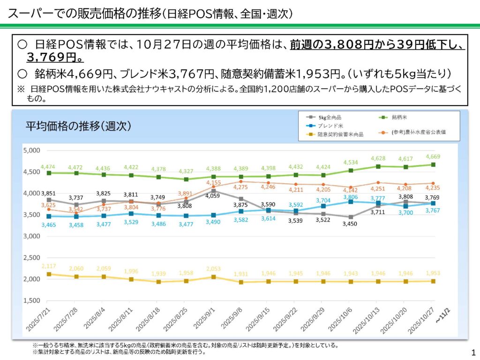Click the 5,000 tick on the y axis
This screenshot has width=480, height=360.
click(x=32, y=150)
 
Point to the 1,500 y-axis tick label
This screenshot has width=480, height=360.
click(x=32, y=300)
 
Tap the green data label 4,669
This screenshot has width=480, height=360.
click(x=433, y=157)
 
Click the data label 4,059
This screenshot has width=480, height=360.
click(x=214, y=196)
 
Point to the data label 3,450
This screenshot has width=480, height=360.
click(x=349, y=224)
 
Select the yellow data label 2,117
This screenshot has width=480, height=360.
click(x=49, y=266)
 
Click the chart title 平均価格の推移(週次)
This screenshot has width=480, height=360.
click(x=78, y=127)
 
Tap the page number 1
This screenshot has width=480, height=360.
click(x=472, y=352)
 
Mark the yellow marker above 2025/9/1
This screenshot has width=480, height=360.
click(x=213, y=277)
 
